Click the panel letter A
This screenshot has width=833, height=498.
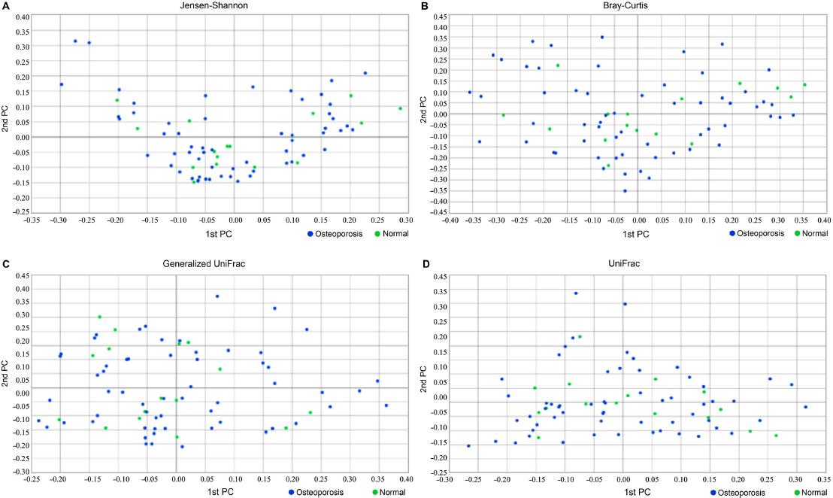pyautogui.click(x=5, y=5)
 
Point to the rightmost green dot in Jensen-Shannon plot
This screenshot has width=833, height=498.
pyautogui.click(x=400, y=108)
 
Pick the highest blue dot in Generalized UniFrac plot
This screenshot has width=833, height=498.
pyautogui.click(x=217, y=296)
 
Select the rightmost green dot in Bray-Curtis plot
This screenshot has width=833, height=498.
pyautogui.click(x=804, y=85)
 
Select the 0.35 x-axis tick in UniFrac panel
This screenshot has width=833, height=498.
pyautogui.click(x=823, y=479)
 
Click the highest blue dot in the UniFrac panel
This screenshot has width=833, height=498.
pyautogui.click(x=576, y=293)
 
